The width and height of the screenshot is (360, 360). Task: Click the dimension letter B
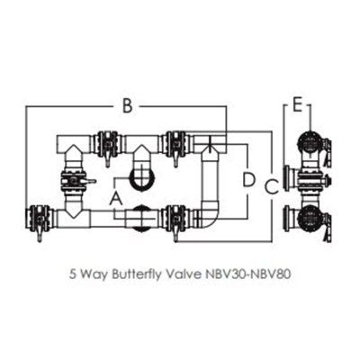pos(128,106)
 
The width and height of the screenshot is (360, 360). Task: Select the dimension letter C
pos(272,187)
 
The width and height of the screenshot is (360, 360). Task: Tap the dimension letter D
pos(248,180)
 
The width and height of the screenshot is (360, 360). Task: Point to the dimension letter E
pos(297,105)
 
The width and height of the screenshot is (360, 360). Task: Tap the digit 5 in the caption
pos(72,274)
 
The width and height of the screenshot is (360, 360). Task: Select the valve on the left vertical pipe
pos(74,181)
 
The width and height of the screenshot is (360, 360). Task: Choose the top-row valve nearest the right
pos(175,145)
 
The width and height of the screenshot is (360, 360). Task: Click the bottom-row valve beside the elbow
pos(176,220)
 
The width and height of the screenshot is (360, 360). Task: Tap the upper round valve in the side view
pos(310,143)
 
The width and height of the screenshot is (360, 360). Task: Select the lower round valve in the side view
pos(310,220)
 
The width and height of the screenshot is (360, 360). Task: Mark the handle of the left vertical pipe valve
pos(89,181)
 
